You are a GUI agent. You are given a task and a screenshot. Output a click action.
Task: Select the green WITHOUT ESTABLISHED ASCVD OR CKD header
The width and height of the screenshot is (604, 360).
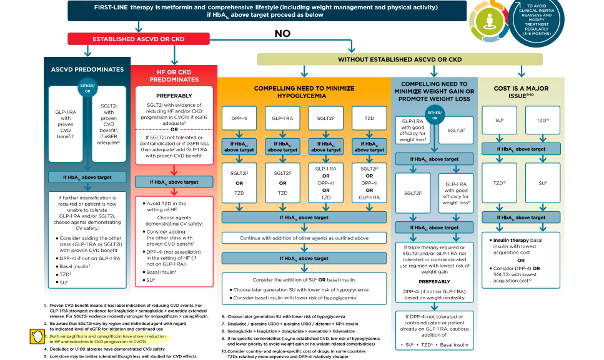pos(400,59)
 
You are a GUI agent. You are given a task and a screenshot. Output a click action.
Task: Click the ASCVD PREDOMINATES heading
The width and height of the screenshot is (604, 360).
pos(87,69)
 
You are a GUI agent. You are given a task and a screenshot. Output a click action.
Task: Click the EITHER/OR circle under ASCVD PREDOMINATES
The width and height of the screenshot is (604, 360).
pos(87,87)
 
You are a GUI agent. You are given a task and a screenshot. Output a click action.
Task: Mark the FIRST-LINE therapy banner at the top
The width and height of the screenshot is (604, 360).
pos(267,10)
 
